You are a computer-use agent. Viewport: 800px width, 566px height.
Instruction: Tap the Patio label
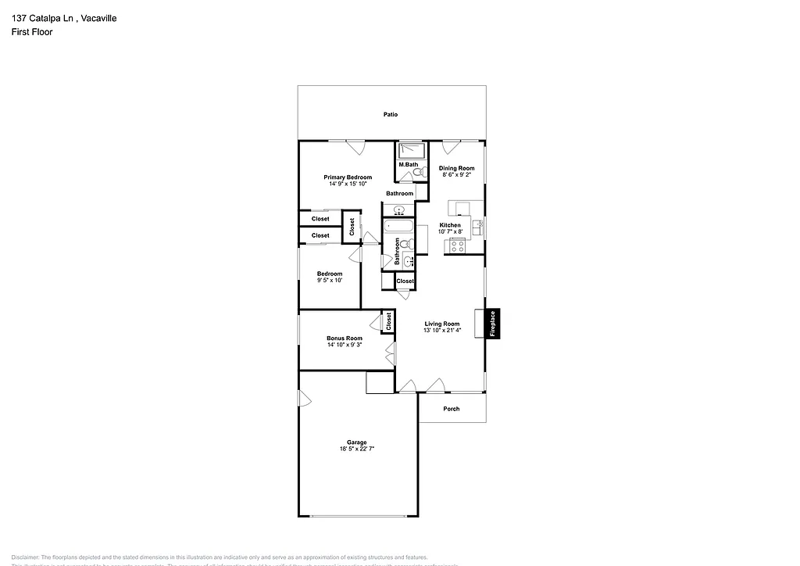tap(391, 114)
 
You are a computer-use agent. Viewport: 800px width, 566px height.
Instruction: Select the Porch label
tap(452, 409)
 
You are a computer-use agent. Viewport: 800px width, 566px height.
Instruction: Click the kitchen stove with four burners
tap(457, 246)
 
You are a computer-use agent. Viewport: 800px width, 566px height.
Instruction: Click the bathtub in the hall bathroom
tap(398, 227)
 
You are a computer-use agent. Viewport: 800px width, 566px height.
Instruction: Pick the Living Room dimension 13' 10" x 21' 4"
tap(442, 330)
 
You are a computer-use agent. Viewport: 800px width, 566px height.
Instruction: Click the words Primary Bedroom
tap(348, 177)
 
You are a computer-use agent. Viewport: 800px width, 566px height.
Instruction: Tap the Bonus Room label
tap(345, 339)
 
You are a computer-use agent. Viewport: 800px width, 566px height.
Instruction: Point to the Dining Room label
tap(456, 168)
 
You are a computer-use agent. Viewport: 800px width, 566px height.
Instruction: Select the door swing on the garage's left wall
tap(305, 399)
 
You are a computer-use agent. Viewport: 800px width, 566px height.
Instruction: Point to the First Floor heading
tap(32, 32)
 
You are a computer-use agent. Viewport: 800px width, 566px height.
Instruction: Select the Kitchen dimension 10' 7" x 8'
tap(450, 231)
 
